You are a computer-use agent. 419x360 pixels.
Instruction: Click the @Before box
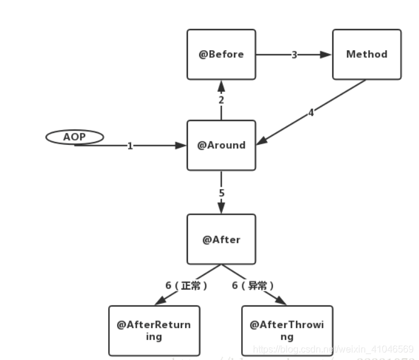(222, 54)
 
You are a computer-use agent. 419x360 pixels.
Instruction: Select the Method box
(366, 54)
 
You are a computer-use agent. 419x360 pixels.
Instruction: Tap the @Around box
(222, 145)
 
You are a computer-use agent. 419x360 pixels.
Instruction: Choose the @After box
(222, 239)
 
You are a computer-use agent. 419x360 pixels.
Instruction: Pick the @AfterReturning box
(154, 330)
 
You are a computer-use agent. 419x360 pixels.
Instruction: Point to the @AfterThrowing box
(287, 330)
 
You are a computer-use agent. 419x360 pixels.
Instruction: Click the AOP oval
(74, 137)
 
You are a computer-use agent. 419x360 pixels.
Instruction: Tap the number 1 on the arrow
(130, 146)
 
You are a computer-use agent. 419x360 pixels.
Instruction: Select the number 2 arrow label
(221, 100)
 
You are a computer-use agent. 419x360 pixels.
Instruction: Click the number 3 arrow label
(294, 55)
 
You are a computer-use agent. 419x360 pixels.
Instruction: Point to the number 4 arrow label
(311, 112)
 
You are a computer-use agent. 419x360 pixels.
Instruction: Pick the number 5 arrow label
(222, 193)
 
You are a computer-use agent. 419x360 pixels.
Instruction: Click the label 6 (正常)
(186, 286)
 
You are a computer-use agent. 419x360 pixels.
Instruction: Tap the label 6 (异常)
(253, 286)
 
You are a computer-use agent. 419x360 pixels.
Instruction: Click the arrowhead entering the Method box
(327, 55)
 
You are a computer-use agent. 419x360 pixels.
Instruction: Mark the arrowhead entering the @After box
(222, 209)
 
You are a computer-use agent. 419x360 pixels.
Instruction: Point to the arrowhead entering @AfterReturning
(158, 302)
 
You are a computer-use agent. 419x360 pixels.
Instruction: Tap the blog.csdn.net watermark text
(333, 349)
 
